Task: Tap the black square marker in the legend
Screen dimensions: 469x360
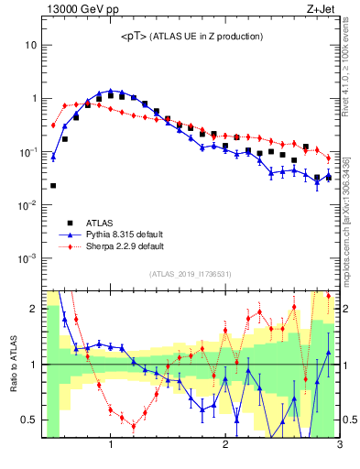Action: coord(69,223)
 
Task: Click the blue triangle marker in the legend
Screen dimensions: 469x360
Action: coord(69,234)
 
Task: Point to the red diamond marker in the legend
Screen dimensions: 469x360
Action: coord(69,246)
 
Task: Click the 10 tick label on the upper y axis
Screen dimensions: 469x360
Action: coord(30,45)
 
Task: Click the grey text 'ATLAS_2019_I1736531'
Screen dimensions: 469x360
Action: coord(191,274)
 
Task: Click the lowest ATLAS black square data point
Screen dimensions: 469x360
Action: coord(53,185)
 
